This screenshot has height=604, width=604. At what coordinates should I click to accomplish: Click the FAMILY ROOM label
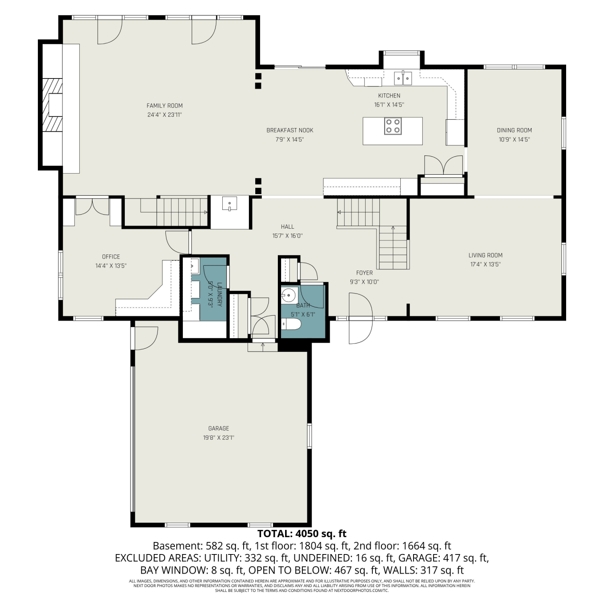(x=164, y=106)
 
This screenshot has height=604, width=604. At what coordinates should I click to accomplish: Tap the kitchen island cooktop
(x=393, y=125)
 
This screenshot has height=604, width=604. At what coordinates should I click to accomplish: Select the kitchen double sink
(x=403, y=78)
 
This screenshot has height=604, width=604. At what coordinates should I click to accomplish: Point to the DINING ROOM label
(x=514, y=130)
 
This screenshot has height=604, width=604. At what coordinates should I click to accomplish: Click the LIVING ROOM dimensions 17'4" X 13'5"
(x=485, y=265)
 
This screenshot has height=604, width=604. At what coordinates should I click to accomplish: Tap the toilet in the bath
(x=291, y=324)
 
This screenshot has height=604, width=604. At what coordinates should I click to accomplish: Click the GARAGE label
(x=219, y=428)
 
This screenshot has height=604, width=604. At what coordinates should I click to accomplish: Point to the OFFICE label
(x=111, y=257)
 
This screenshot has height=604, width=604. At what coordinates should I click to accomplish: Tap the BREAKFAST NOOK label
(x=290, y=130)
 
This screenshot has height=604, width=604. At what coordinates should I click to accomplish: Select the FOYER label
(x=364, y=273)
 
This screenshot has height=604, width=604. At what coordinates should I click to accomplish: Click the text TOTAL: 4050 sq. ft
(x=302, y=534)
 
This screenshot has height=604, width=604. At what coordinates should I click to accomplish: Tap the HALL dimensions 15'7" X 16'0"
(x=288, y=236)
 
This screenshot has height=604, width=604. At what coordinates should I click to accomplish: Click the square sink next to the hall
(x=230, y=204)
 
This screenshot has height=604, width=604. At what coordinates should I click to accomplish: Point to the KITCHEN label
(x=389, y=96)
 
